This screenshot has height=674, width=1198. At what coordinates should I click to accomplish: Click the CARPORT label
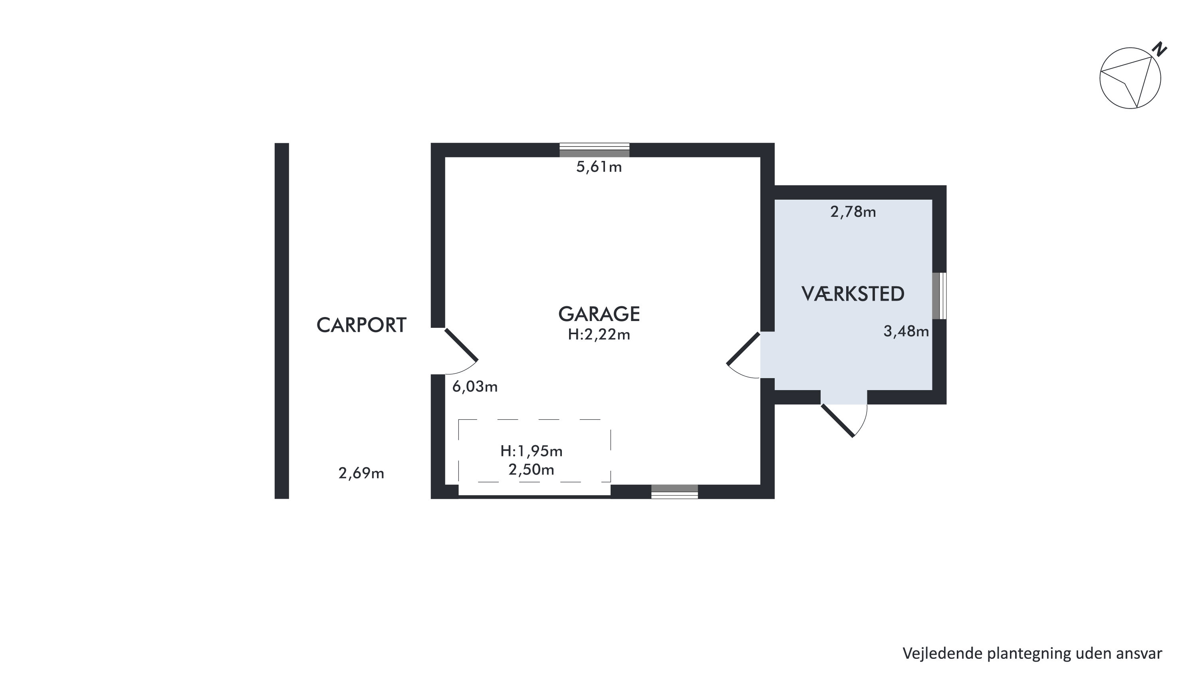coord(361,325)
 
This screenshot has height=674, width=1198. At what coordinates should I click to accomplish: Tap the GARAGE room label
coord(599,314)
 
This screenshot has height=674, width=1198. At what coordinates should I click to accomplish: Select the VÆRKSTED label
coord(853,294)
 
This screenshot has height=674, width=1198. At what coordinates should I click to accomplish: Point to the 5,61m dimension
coord(599,167)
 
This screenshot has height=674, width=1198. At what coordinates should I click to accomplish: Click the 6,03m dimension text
coord(475,387)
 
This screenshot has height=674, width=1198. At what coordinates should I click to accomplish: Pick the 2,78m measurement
coord(853,212)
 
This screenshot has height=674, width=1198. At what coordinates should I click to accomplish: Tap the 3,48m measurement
coord(906,332)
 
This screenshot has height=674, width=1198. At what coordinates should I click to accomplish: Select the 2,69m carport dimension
coord(361,474)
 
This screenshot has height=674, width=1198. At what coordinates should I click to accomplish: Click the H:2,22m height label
coord(599,335)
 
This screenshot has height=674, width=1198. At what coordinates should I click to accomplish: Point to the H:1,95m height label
coord(532,451)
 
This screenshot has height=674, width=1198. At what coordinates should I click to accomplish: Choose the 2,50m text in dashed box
coord(531,470)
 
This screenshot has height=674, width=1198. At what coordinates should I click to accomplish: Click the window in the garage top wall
coord(594,150)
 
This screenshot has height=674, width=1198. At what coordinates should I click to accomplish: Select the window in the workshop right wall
coord(939,296)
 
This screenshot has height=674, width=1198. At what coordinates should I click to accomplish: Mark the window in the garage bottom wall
coord(674,492)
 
